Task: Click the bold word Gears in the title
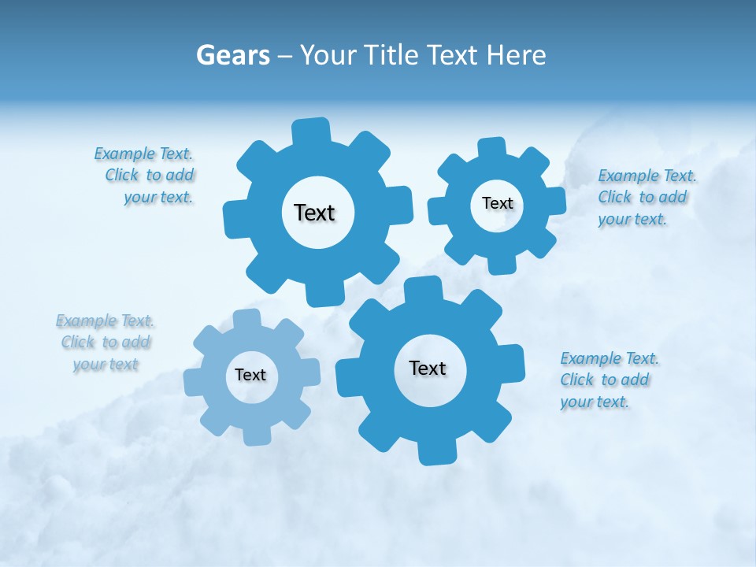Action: [x=233, y=55]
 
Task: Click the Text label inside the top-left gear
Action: [x=314, y=213]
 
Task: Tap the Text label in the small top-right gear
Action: [x=497, y=203]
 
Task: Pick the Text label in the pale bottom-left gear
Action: [x=250, y=375]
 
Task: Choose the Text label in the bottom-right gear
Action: [x=428, y=368]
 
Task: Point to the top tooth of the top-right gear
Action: [x=491, y=149]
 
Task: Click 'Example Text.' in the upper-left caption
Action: [x=143, y=154]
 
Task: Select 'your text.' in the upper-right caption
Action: [x=632, y=220]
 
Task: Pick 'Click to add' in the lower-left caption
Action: [x=106, y=343]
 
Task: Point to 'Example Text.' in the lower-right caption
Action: [x=610, y=359]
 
